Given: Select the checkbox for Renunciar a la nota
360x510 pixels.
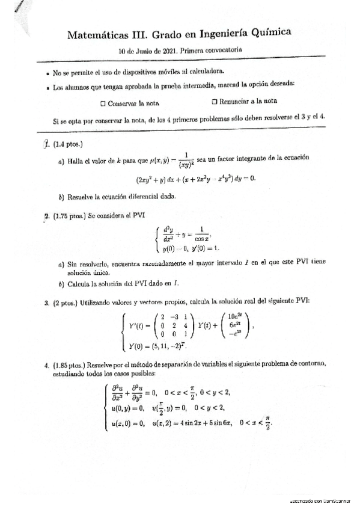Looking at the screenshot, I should [215, 102].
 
